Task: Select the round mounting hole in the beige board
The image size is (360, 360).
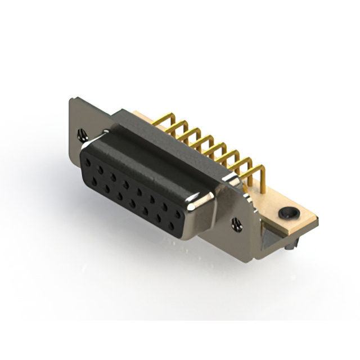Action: [x=288, y=213]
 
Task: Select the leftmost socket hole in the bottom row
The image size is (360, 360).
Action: [x=94, y=181]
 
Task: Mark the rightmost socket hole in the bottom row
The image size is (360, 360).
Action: [x=170, y=226]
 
